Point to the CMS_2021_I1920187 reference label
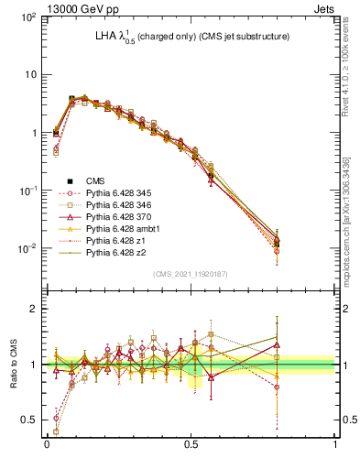pos(190,274)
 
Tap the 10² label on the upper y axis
pos(30,16)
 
